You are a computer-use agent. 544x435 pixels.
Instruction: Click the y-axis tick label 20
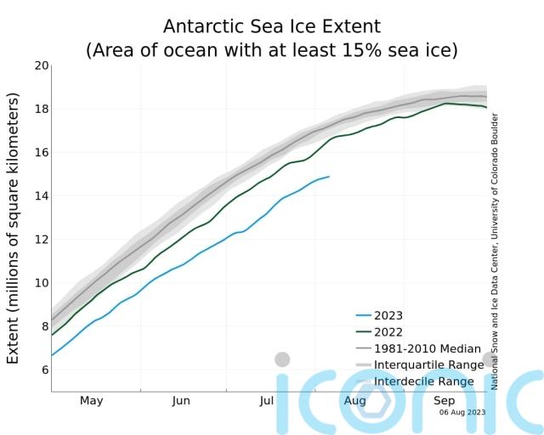tap(40, 65)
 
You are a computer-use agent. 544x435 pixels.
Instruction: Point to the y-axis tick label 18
tap(40, 109)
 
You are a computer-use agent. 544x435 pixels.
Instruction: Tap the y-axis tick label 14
tap(40, 195)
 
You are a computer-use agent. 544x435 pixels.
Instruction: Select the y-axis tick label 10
tap(40, 282)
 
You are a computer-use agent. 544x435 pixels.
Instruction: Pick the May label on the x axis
tap(91, 400)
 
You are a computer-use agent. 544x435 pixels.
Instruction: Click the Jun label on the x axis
tap(181, 400)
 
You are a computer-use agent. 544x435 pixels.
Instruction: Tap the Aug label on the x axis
tap(355, 400)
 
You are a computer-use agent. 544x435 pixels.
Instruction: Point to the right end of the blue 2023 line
tap(329, 177)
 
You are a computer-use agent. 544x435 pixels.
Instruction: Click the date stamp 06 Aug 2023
tap(462, 412)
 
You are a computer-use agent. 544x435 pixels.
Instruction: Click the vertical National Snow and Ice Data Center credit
tap(495, 251)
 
